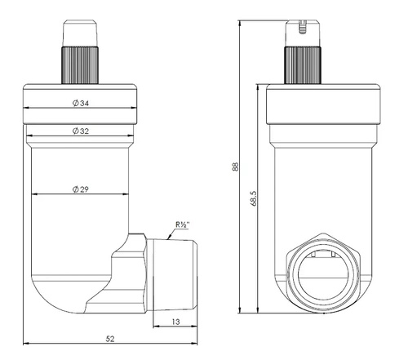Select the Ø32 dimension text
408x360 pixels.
click(80, 131)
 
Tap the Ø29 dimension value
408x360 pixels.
click(80, 189)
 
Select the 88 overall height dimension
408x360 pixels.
click(235, 167)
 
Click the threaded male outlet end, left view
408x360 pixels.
click(178, 273)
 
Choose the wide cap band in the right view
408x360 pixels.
click(319, 104)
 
